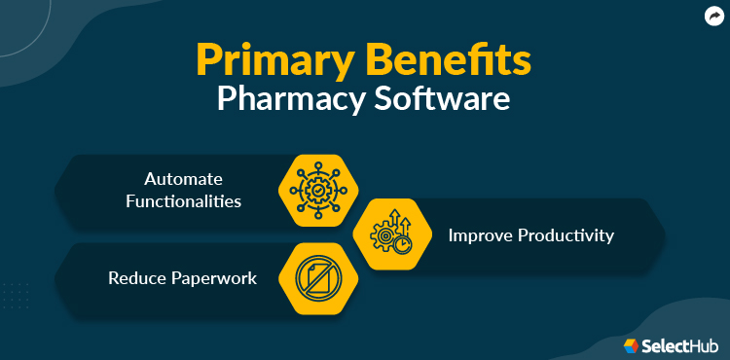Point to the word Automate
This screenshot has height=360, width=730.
pyautogui.click(x=183, y=179)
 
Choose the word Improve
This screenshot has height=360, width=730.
pyautogui.click(x=480, y=234)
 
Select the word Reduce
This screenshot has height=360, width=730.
pyautogui.click(x=136, y=278)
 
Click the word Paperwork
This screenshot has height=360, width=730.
pyautogui.click(x=214, y=278)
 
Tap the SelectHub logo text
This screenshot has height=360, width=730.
pyautogui.click(x=679, y=344)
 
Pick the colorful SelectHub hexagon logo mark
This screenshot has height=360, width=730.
pyautogui.click(x=631, y=344)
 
